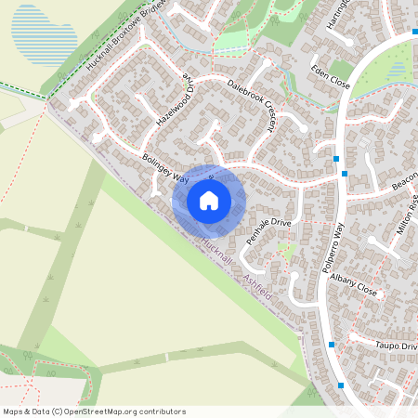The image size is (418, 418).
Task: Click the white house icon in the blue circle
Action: coord(209,200)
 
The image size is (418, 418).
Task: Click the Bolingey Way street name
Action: coord(165,167)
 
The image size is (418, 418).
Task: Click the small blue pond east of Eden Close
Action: coord(397,71)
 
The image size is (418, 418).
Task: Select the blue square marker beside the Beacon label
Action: coord(346,173)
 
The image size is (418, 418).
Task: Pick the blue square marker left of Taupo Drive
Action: coord(332,345)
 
